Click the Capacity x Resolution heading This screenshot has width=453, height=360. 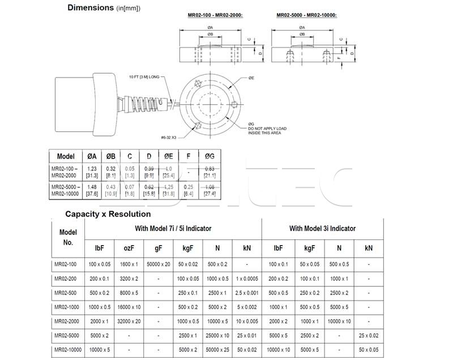108,214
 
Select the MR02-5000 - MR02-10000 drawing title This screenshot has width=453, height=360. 306,15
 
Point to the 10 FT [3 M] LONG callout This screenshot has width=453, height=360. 145,76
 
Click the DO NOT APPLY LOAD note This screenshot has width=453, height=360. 267,128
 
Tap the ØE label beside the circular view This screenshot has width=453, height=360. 251,78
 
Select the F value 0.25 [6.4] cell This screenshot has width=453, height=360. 189,190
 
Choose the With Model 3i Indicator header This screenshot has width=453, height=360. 322,229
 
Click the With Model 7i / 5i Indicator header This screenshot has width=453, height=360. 173,229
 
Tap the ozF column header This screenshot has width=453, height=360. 128,247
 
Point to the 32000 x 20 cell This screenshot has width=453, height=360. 128,322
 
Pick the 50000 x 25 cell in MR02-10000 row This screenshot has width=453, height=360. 217,350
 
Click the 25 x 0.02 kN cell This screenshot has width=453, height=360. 369,336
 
